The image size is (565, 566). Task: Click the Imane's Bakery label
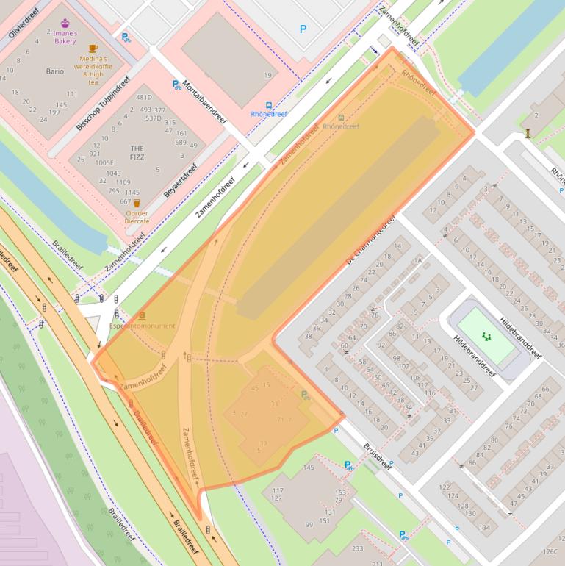[x=65, y=37]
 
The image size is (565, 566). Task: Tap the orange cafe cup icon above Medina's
[x=93, y=49]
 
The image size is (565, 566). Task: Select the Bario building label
[x=54, y=71]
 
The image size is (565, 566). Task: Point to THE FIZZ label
[x=137, y=152]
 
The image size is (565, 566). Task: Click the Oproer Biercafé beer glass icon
[x=137, y=203]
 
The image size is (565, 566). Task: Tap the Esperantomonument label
[x=142, y=326]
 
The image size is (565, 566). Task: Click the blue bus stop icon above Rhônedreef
[x=269, y=104]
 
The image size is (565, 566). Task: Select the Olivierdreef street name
[x=23, y=22]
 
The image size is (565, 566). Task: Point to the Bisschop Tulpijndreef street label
[x=103, y=103]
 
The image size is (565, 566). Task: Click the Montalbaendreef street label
[x=204, y=101]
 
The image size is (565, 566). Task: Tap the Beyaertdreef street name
[x=181, y=180]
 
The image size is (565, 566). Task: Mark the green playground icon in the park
[x=486, y=336]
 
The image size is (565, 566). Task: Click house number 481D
[x=143, y=97]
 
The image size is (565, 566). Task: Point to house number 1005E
[x=104, y=162]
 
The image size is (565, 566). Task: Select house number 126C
[x=550, y=551]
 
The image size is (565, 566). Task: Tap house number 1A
[x=418, y=260]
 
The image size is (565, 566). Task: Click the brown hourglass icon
[x=528, y=133]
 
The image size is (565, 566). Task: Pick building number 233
[x=357, y=548]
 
